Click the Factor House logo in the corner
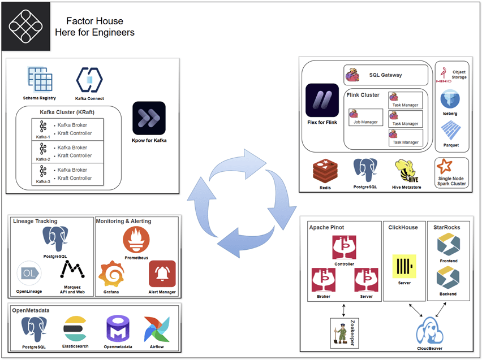click(x=25, y=26)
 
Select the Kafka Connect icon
click(x=89, y=80)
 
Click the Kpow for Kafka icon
click(x=149, y=118)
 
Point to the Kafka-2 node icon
click(x=43, y=149)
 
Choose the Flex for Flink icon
click(x=321, y=100)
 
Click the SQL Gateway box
click(x=386, y=75)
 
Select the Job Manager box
click(x=365, y=117)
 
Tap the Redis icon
click(x=325, y=170)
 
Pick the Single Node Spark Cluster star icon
click(x=445, y=167)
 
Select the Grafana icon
click(x=111, y=274)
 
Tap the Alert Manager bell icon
click(x=162, y=274)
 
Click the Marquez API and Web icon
click(x=72, y=270)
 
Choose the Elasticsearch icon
click(x=74, y=328)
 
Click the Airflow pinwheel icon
click(x=157, y=328)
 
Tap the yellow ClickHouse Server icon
click(x=403, y=265)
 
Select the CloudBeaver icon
click(x=428, y=331)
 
